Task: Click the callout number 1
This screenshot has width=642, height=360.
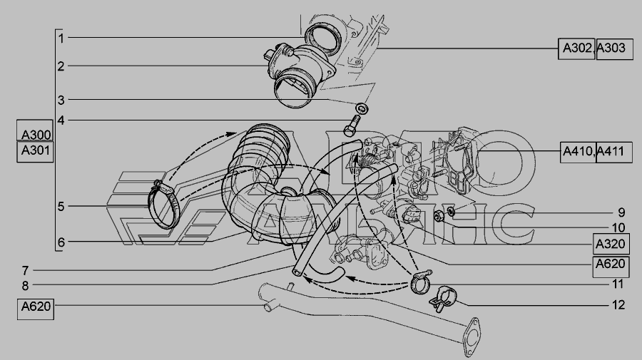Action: point(61,38)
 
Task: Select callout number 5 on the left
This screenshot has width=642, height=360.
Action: point(61,206)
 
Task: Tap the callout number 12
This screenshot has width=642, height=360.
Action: point(618,305)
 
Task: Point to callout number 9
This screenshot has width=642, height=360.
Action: point(621,212)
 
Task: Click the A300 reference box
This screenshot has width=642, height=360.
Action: point(35,130)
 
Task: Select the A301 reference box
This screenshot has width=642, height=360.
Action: point(35,152)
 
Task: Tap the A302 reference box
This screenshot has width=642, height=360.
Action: point(576,49)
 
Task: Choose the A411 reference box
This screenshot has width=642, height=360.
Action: point(614,152)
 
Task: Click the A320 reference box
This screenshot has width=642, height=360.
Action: point(611,245)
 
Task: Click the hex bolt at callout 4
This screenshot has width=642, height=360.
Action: point(352,125)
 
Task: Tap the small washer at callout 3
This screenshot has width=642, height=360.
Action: point(362,108)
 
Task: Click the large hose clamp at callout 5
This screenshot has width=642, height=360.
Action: point(163,204)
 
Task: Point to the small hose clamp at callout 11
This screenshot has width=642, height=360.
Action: point(420,282)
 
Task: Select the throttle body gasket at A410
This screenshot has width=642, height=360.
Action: point(461,163)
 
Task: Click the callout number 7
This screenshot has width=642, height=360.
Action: point(26,271)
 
